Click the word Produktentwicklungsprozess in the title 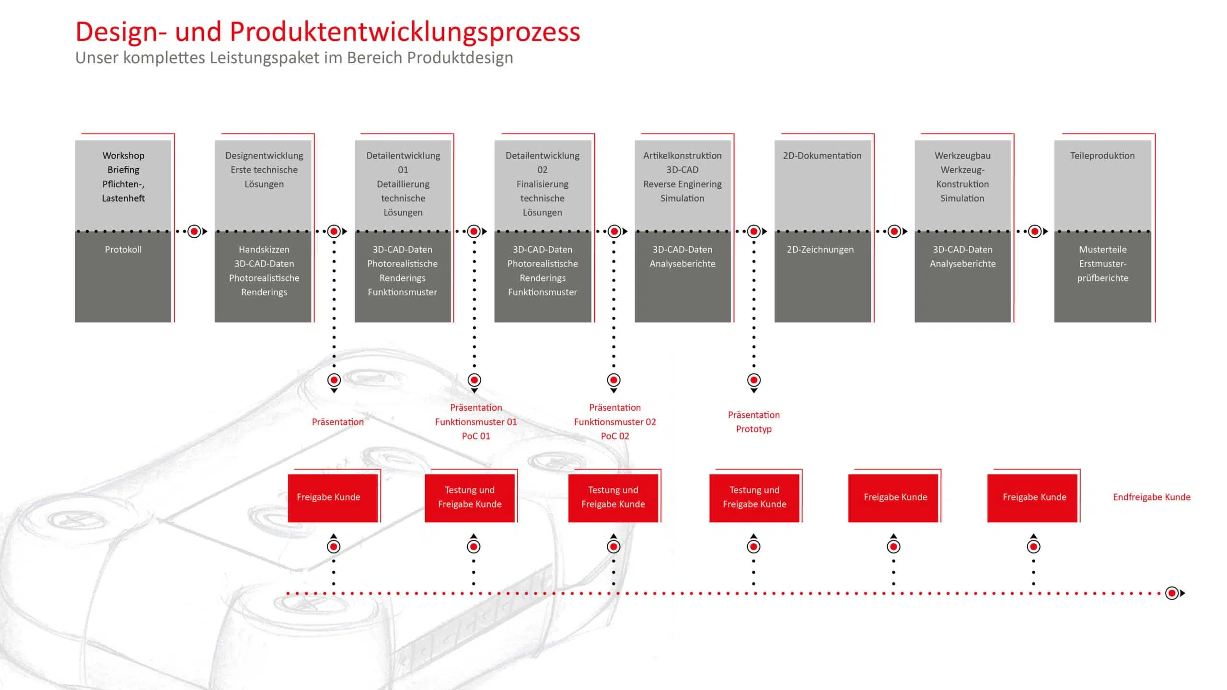point(405,32)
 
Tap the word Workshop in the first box point(123,156)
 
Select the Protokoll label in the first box point(123,250)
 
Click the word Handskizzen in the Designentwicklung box point(264,250)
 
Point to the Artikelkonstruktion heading point(682,156)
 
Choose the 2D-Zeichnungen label point(820,250)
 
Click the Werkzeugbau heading point(962,156)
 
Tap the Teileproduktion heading point(1102,156)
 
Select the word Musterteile point(1103,250)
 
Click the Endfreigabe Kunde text point(1152,497)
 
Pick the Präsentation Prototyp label point(754,422)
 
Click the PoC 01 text point(476,436)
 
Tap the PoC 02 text point(615,436)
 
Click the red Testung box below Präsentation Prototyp point(754,497)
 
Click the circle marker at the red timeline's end point(1172,594)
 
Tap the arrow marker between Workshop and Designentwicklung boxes point(195,232)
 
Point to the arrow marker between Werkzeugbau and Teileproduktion point(1035,232)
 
